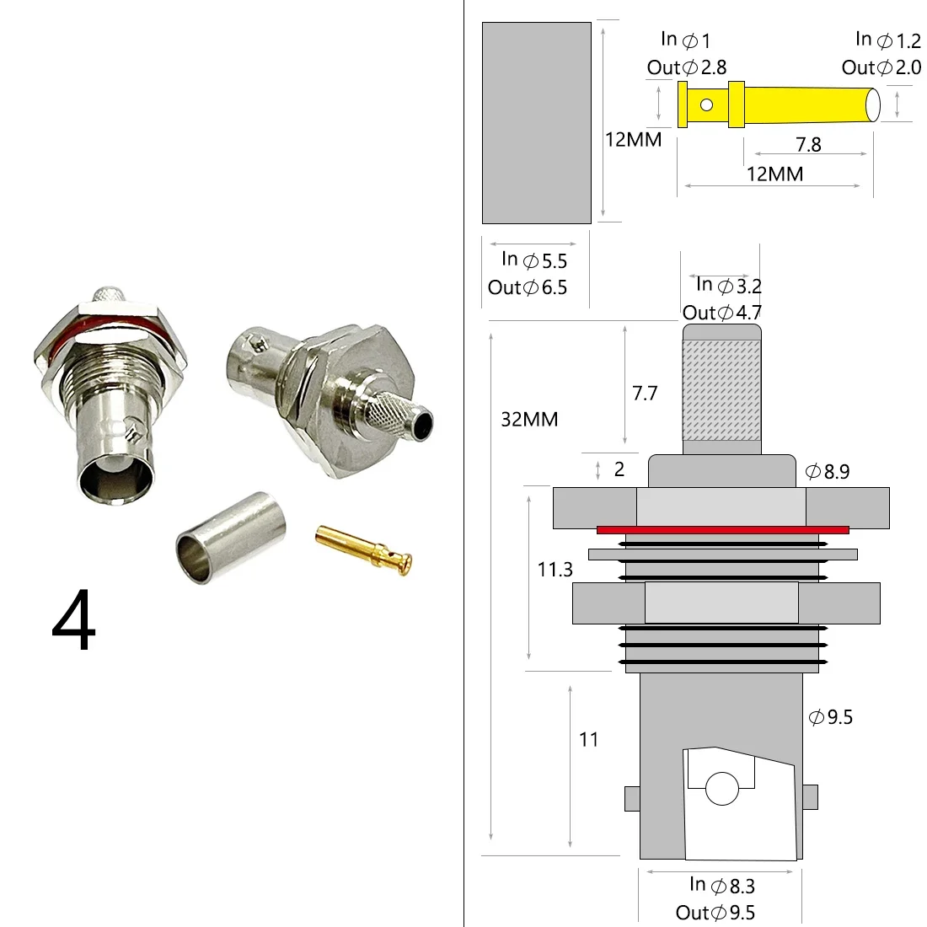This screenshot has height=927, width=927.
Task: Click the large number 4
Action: (x=74, y=623)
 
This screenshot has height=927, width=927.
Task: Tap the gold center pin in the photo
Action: (x=363, y=549)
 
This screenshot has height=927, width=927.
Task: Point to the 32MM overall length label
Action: (x=529, y=419)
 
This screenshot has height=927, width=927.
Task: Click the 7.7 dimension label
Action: (x=645, y=393)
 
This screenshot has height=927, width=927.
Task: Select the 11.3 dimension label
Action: (x=555, y=570)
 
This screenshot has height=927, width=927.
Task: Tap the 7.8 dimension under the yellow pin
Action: (x=808, y=145)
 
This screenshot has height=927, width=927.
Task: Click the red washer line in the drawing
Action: (x=722, y=529)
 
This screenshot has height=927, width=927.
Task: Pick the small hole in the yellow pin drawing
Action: (x=706, y=105)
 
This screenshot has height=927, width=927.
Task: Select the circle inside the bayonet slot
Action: (x=721, y=790)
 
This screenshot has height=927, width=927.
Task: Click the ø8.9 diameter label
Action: (x=828, y=472)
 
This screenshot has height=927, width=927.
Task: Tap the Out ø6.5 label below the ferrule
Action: (x=528, y=287)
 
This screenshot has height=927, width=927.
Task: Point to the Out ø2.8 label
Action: (x=686, y=67)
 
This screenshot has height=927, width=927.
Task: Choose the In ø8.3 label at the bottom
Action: (x=721, y=885)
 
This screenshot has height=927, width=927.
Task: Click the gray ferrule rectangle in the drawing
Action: (x=536, y=123)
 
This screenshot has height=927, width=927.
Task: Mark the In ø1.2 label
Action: (x=887, y=40)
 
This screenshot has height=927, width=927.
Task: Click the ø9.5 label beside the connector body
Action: (x=831, y=717)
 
